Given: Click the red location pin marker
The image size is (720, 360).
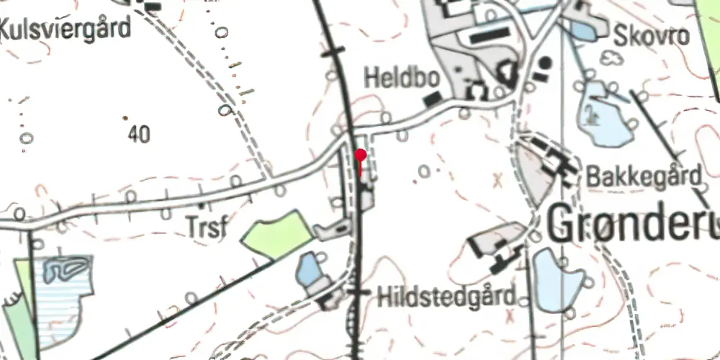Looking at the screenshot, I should click(361, 155).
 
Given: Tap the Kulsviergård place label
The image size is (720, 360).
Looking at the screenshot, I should click(66, 30).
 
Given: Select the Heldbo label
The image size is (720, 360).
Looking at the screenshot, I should click(392, 78).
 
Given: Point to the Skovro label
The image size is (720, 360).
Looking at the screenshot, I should click(652, 35).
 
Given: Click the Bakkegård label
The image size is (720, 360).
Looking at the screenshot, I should click(644, 175).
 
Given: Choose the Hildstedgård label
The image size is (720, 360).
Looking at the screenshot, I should click(446, 295).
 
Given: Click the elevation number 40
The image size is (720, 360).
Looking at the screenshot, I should click(140, 133).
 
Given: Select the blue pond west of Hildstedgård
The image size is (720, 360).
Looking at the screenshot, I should click(310, 269).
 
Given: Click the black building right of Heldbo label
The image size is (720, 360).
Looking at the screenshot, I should click(431, 99).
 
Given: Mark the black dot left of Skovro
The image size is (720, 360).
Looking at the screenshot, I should click(545, 63).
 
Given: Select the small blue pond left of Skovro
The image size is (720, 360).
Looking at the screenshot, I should click(582, 30).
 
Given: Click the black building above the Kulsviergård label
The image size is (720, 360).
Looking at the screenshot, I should click(152, 6).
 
